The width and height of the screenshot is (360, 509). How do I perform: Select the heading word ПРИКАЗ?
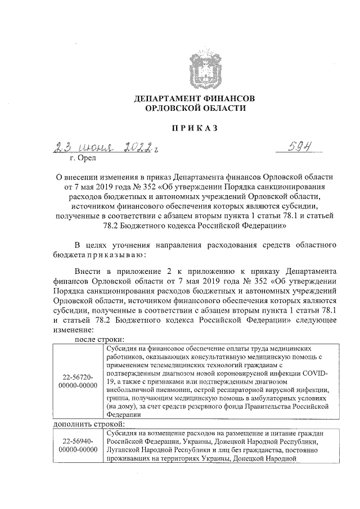(x=195, y=128)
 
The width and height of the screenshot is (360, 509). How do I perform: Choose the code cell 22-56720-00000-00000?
(x=78, y=381)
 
